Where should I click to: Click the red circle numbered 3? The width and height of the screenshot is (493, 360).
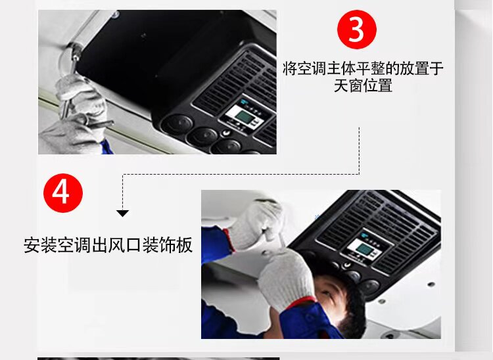pos(356,30)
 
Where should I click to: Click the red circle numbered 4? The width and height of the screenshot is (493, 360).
pos(63,193)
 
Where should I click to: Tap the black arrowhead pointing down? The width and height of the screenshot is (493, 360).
pos(123,214)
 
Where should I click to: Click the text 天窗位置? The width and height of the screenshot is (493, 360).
pos(363,85)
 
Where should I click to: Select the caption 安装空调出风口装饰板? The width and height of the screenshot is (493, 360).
pos(108,245)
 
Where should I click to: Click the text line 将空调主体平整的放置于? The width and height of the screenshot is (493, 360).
pos(363,68)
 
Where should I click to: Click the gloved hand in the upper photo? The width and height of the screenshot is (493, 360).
pos(80,94)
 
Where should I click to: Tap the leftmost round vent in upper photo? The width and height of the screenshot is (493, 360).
pos(177,124)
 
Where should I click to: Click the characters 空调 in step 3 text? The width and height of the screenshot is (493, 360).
pos(304,68)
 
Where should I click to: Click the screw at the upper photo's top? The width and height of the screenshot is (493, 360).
pos(115,14)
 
